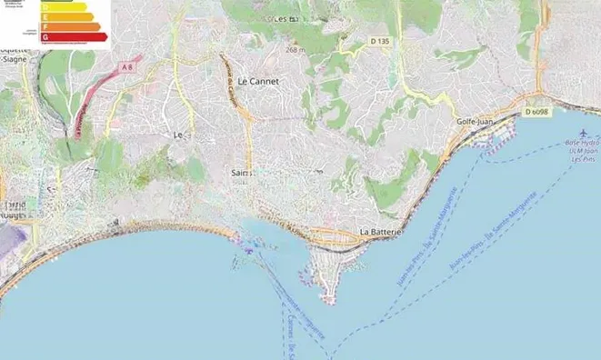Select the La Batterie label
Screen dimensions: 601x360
(381, 232)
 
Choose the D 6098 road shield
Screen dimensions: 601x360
(536, 112)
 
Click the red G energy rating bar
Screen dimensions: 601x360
(74, 37)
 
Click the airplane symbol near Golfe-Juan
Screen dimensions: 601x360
(576, 130)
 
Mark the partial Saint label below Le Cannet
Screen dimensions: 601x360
(242, 172)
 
